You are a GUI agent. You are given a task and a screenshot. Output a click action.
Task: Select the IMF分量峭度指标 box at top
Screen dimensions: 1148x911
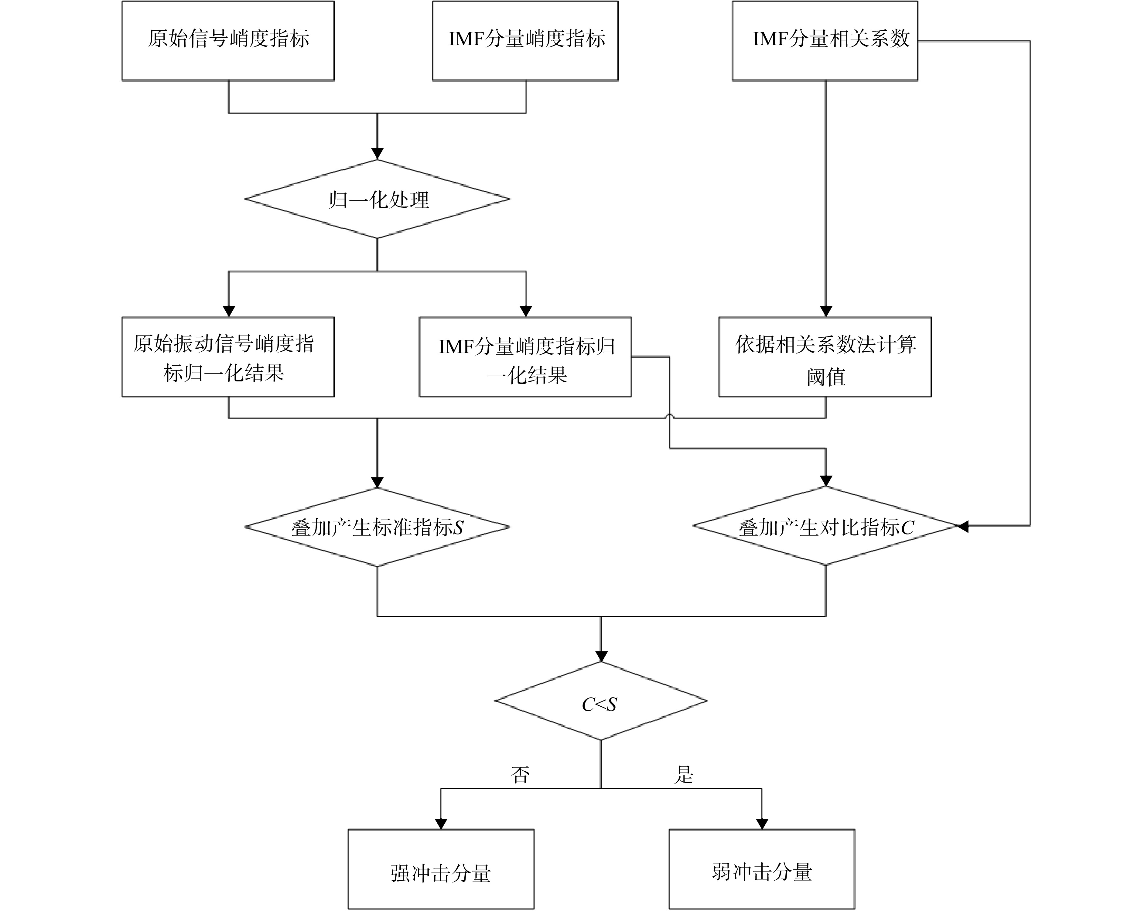pos(525,41)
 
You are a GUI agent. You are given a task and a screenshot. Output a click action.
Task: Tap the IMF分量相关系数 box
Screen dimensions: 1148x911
pos(825,41)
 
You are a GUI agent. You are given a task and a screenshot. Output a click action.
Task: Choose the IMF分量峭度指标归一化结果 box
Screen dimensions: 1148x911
pos(525,357)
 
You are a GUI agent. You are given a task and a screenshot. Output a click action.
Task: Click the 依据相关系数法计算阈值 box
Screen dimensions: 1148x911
pos(825,357)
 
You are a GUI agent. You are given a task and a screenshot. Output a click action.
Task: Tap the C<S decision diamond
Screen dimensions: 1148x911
pos(601,701)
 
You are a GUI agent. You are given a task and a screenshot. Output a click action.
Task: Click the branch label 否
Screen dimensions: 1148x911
pos(520,775)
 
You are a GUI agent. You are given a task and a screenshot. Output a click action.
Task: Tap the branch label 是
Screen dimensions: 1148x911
pos(684,775)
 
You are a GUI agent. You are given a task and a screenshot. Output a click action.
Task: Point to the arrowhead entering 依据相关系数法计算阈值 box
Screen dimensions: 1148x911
pos(826,311)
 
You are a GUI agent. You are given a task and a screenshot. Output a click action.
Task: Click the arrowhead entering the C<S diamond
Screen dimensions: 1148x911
pos(601,655)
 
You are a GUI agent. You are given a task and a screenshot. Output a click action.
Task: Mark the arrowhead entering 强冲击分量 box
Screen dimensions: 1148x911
pos(441,823)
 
